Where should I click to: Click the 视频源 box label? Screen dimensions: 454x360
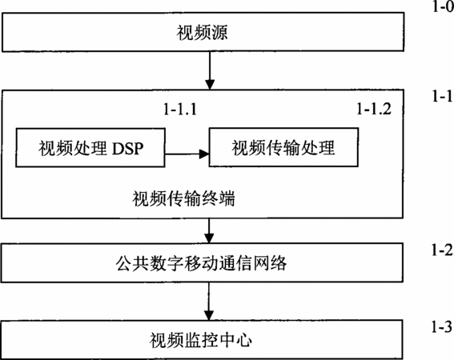click(x=202, y=33)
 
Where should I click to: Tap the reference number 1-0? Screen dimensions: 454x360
click(x=443, y=6)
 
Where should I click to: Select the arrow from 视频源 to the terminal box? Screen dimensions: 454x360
click(x=210, y=70)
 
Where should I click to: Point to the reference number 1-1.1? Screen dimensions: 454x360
click(x=180, y=110)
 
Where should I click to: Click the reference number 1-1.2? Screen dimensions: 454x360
click(x=374, y=109)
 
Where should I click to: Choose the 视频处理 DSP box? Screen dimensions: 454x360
click(x=90, y=147)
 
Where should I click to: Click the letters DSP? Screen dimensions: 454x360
click(x=127, y=148)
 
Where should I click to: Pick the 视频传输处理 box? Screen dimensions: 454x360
click(x=283, y=147)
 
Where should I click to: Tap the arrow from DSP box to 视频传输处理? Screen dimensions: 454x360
click(x=187, y=154)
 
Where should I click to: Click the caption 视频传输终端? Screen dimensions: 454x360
click(x=183, y=198)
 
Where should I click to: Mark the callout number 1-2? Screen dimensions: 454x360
click(x=442, y=250)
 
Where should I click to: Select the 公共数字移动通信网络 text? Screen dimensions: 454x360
click(x=201, y=263)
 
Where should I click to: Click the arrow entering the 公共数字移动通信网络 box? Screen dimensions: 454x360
click(x=209, y=231)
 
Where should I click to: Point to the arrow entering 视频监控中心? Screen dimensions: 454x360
click(x=209, y=302)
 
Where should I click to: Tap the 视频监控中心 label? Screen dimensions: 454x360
click(x=201, y=340)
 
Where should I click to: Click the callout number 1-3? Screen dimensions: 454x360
click(x=442, y=326)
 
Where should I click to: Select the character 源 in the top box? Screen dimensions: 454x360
click(x=219, y=33)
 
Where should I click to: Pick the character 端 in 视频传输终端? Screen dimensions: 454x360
click(x=227, y=198)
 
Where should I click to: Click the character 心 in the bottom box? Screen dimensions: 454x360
click(x=243, y=340)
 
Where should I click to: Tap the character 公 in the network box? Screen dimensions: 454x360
click(x=124, y=263)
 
